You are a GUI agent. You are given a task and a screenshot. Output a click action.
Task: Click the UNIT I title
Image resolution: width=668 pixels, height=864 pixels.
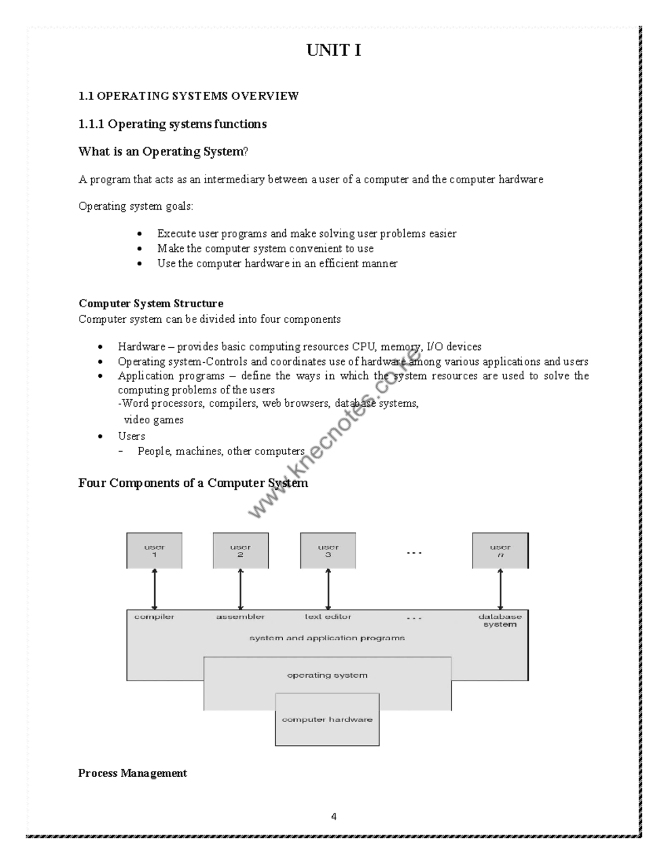click(x=333, y=51)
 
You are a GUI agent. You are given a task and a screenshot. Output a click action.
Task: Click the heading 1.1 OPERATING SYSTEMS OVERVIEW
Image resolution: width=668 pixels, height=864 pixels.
click(x=189, y=96)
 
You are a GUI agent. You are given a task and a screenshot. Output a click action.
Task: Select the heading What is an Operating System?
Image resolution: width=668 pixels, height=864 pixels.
click(x=163, y=151)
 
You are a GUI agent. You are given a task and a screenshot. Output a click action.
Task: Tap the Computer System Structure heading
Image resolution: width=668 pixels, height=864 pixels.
click(x=151, y=303)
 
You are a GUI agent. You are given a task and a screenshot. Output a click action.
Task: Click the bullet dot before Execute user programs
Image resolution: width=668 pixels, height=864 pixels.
click(x=140, y=234)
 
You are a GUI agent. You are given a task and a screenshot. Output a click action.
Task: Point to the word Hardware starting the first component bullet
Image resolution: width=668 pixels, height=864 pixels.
click(x=141, y=347)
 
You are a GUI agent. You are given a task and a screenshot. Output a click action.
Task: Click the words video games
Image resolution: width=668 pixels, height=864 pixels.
click(x=154, y=420)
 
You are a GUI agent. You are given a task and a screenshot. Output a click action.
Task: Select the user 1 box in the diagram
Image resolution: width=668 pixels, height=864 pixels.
click(x=154, y=550)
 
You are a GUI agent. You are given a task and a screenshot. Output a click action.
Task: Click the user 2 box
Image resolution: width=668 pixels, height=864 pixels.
click(x=240, y=550)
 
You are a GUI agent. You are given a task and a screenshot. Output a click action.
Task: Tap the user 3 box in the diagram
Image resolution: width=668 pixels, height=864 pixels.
click(x=328, y=550)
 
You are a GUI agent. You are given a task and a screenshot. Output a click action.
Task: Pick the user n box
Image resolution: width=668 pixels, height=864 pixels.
click(x=500, y=550)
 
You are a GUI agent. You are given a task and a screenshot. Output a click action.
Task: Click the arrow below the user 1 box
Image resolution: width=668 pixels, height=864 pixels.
click(x=154, y=589)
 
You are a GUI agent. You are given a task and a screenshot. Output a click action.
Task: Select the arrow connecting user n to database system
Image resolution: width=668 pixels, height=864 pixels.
click(x=500, y=589)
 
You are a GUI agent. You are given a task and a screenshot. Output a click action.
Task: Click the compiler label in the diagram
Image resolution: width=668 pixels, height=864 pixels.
click(x=154, y=616)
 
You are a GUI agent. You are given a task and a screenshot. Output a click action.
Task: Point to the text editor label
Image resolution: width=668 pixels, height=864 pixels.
click(x=328, y=616)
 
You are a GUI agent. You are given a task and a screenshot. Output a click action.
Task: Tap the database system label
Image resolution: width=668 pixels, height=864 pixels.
click(x=500, y=620)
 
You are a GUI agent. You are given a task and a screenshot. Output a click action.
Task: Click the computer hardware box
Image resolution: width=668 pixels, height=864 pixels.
click(x=327, y=719)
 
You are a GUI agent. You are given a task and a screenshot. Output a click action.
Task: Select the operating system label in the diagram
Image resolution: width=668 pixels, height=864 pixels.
click(x=327, y=675)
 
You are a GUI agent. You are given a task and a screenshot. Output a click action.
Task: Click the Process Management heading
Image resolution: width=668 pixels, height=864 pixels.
click(x=132, y=773)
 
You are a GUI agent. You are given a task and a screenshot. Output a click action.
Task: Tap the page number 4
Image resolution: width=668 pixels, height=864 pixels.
click(x=333, y=817)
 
